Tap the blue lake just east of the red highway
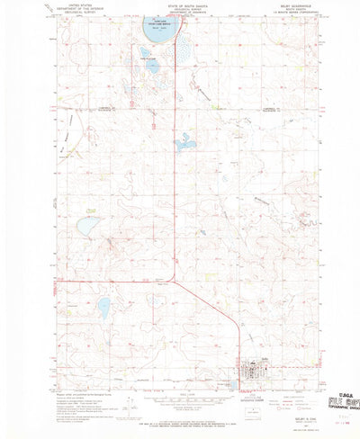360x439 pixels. point(184,141)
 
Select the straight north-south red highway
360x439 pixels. point(174,180)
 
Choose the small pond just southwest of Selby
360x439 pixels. point(233,383)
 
